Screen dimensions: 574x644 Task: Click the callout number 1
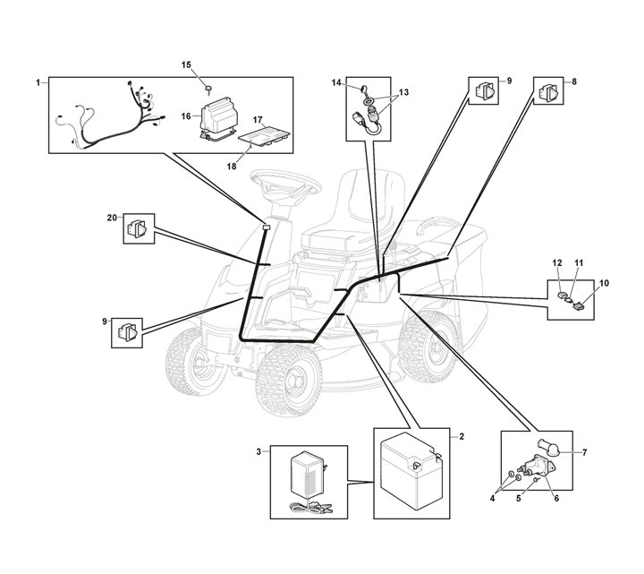pos(38,82)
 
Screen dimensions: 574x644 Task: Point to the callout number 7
pos(584,452)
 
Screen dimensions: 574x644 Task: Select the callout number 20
pos(112,218)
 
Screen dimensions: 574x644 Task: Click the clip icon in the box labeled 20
pos(140,227)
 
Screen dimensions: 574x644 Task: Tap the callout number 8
pos(574,81)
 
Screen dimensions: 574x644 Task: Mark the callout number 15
pos(187,64)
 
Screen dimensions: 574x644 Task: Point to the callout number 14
pos(337,82)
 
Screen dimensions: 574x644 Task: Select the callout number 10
pos(604,283)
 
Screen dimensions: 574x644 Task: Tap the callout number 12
pos(556,261)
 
